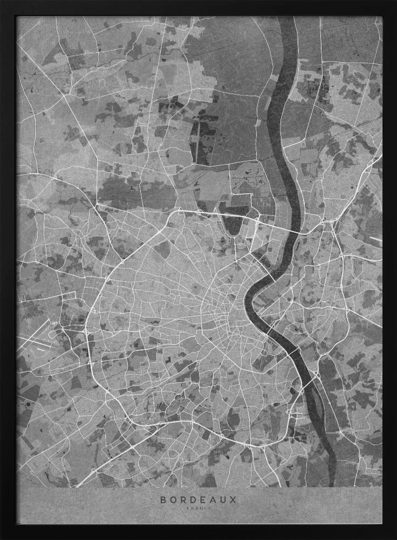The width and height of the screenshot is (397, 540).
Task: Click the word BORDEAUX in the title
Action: tap(198, 500)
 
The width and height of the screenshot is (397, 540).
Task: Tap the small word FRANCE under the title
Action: tap(198, 509)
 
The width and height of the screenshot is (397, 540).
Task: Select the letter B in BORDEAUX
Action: tap(162, 500)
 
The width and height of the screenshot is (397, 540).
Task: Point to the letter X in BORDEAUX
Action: tap(234, 500)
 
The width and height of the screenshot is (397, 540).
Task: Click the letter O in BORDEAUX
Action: tap(172, 500)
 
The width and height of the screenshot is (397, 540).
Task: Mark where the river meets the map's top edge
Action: tap(288, 18)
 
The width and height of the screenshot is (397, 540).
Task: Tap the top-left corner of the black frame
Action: tap(2, 2)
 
